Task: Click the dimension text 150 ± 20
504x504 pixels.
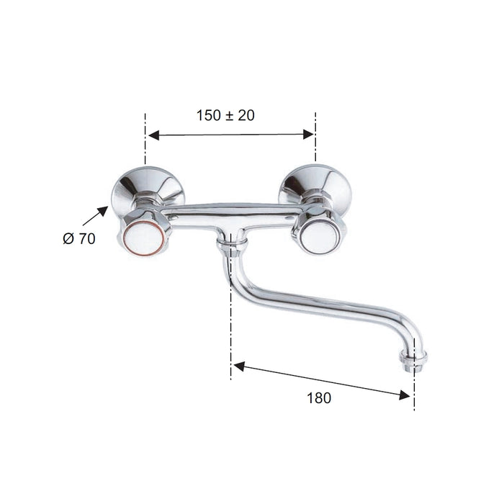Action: [x=225, y=115]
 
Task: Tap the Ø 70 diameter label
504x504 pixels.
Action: [x=79, y=238]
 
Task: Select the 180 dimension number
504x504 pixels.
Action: [x=319, y=398]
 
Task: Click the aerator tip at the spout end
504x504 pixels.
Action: [x=413, y=362]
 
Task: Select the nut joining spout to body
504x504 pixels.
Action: [x=231, y=248]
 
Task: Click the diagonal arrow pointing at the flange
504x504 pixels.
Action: [x=95, y=216]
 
